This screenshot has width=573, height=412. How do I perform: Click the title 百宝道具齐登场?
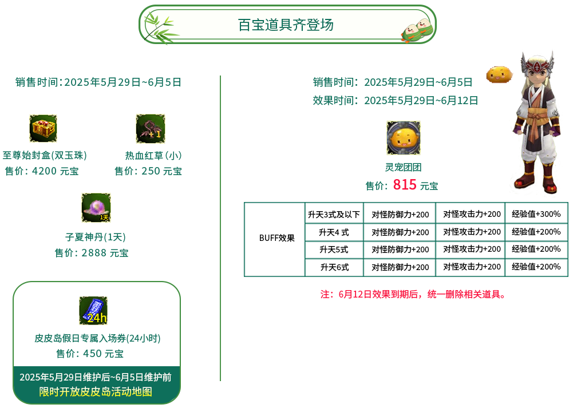coord(286,25)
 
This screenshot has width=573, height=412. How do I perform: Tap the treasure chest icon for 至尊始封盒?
coord(43,128)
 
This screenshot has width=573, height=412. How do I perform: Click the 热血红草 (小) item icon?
coord(151,129)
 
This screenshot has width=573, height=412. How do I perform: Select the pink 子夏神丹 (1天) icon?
coord(96,208)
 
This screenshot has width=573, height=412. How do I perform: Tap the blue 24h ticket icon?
coord(93,311)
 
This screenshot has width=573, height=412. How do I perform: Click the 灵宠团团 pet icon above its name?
coord(404,138)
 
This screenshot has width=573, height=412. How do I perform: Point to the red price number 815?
coord(405,184)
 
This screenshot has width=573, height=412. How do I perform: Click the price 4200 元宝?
coord(42,171)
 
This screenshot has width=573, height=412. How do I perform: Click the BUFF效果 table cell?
coord(276,238)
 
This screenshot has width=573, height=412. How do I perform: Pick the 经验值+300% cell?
coord(536,214)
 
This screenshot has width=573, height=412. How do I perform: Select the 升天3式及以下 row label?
coord(334,215)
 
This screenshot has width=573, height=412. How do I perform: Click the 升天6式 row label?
coord(334,267)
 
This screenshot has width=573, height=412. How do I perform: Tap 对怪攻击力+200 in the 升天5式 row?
coord(472,249)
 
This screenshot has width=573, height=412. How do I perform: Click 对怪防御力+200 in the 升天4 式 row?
coord(400,232)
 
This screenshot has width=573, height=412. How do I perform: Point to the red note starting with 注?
coord(414,294)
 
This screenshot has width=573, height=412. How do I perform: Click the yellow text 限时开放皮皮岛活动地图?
coord(96,391)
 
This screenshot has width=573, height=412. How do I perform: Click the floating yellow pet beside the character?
coord(499,74)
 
